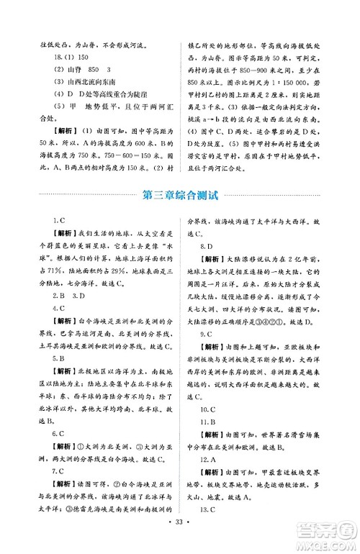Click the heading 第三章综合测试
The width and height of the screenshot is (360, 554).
180,195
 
